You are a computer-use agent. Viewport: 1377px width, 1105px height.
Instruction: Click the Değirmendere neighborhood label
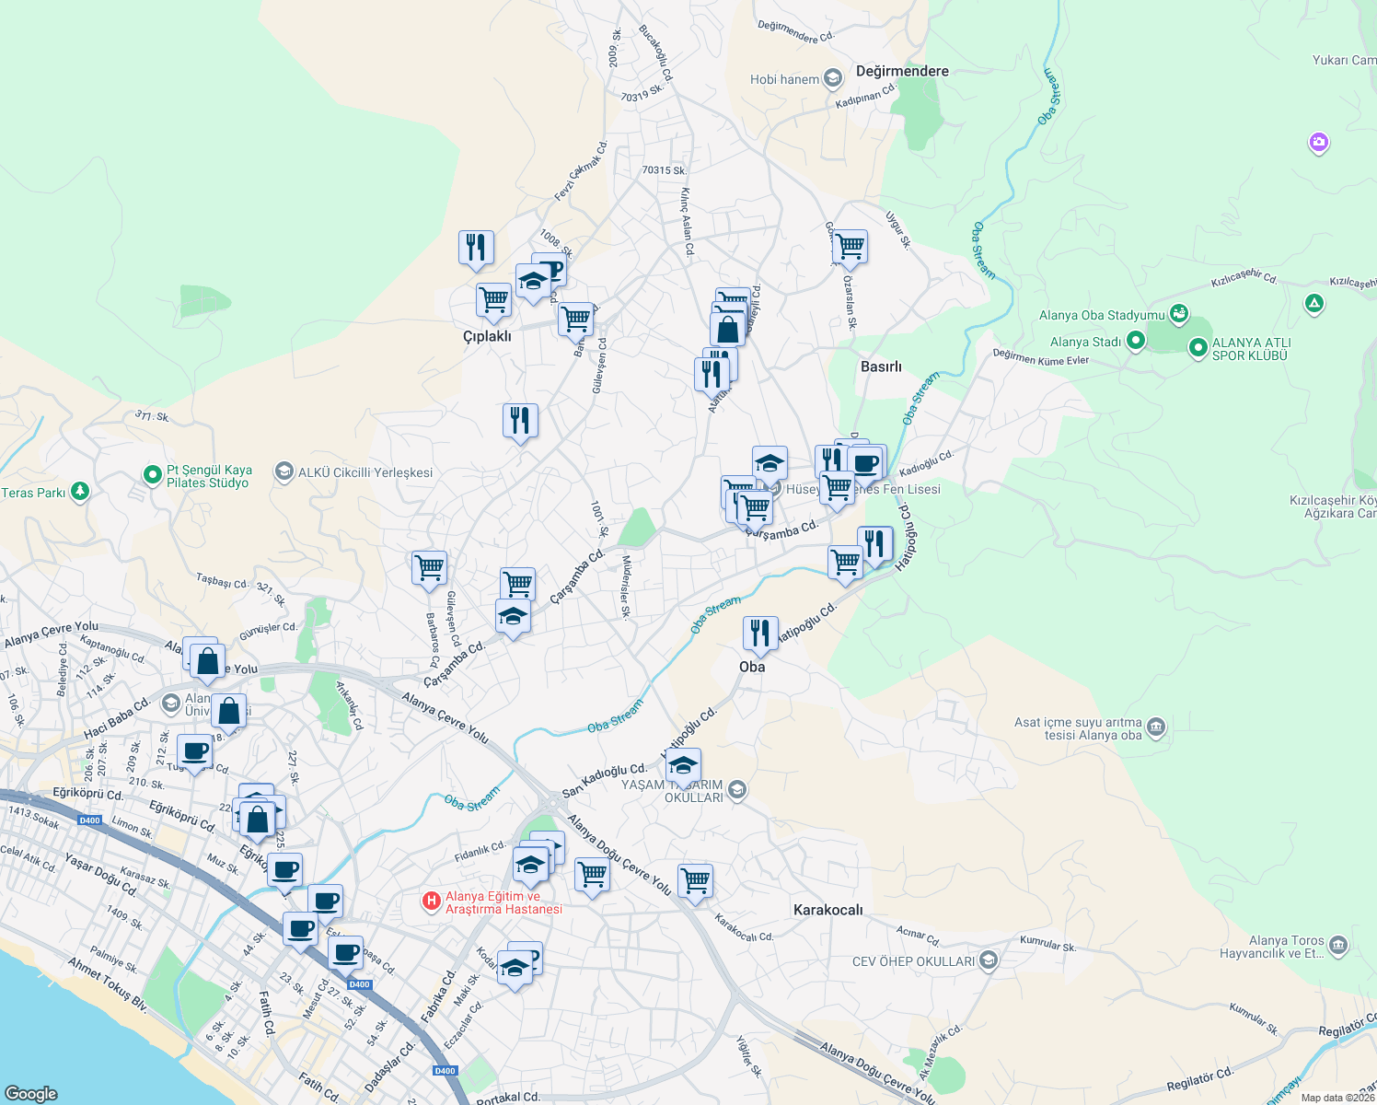901,71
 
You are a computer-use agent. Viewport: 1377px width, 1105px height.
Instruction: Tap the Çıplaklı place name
487,336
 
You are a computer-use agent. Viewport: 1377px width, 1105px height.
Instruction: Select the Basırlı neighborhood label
881,366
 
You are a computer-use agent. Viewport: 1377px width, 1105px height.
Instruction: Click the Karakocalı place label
828,910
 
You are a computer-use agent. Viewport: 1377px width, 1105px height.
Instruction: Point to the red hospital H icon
431,901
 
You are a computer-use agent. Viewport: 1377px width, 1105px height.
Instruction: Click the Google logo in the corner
30,1093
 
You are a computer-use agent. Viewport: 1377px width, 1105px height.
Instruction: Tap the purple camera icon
1318,142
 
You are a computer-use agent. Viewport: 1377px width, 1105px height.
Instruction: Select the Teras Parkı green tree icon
80,492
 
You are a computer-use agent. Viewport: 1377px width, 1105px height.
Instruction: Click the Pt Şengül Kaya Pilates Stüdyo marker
152,475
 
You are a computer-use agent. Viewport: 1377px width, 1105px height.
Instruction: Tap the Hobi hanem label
784,79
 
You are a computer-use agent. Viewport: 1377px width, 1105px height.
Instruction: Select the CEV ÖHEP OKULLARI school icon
988,961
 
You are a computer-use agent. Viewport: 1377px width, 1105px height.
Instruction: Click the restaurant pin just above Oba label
759,634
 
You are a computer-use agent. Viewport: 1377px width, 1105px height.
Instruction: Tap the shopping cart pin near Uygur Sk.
850,247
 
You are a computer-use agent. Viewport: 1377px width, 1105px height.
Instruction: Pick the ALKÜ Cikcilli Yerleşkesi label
364,472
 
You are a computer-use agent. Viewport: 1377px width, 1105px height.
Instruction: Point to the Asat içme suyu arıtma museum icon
1156,728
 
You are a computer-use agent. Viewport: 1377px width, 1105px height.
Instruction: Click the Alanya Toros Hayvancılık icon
1338,946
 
